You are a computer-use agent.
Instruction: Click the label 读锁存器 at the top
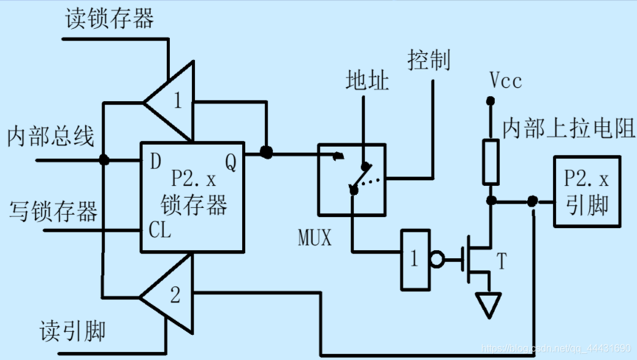click(109, 18)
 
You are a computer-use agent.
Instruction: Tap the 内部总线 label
click(51, 136)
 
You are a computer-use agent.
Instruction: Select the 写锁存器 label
click(53, 212)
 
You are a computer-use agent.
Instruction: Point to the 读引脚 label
click(73, 331)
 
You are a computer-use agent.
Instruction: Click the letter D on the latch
click(156, 161)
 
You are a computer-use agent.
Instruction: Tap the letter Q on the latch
click(231, 163)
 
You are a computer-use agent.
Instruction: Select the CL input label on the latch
click(159, 229)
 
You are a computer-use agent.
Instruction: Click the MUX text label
click(315, 237)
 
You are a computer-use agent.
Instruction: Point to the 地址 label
click(367, 80)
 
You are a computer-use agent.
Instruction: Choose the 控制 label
click(429, 60)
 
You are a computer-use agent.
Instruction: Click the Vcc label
click(505, 80)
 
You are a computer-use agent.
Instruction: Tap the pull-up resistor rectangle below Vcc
click(490, 162)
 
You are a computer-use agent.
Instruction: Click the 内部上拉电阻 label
click(569, 128)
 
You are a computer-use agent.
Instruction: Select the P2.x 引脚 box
click(587, 191)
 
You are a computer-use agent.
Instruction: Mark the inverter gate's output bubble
click(437, 259)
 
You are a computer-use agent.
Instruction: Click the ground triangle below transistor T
click(489, 305)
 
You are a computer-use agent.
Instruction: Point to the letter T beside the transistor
click(502, 261)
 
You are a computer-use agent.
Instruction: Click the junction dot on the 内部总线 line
click(104, 159)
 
